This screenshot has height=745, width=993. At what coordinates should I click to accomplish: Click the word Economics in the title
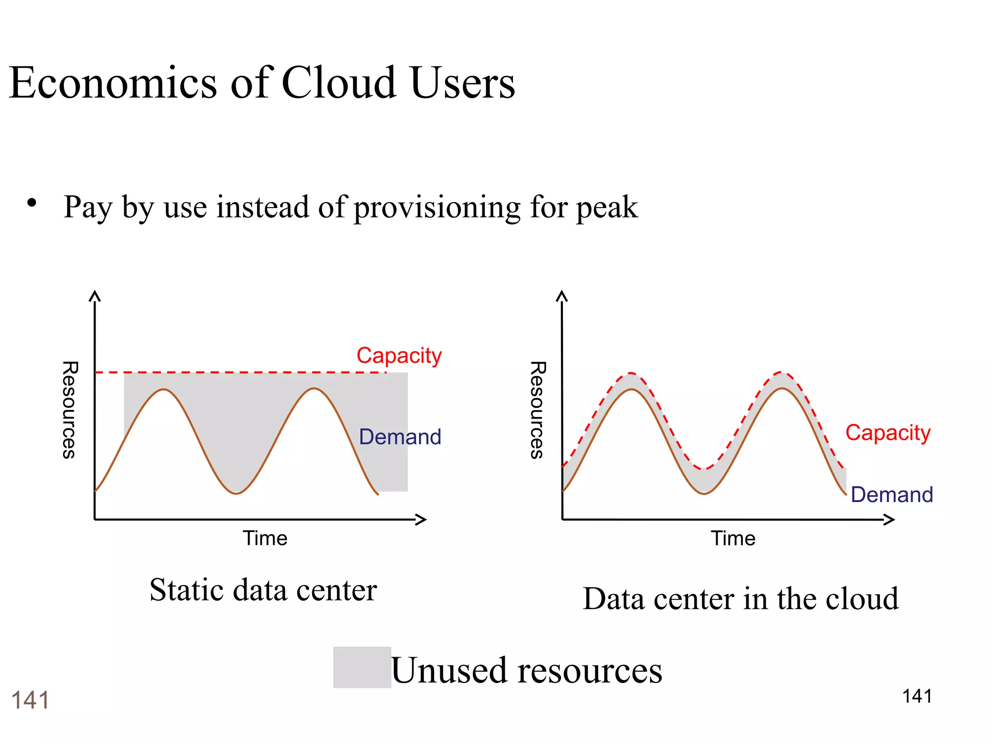112,83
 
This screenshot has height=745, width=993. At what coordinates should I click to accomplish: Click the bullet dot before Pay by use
32,203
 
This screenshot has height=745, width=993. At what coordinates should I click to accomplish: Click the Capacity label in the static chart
399,356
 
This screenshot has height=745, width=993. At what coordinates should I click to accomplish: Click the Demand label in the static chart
400,437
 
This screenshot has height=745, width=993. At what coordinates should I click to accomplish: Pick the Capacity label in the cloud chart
887,433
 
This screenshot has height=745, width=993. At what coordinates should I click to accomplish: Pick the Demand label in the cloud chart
891,495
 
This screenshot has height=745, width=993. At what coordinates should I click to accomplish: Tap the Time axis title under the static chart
265,538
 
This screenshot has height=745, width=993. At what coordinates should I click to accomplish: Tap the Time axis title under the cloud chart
733,538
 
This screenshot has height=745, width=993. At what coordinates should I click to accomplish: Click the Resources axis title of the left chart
70,410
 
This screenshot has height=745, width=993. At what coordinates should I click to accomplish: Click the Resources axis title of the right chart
537,410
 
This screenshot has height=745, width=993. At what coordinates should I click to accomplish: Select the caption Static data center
263,590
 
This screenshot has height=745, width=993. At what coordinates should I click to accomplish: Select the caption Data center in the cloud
740,599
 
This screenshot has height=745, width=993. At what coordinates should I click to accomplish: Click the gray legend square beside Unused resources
362,667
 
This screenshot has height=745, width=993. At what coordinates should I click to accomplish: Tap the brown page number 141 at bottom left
30,700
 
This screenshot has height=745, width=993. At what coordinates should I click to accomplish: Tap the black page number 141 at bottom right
916,696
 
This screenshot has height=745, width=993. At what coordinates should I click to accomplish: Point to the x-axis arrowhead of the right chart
890,520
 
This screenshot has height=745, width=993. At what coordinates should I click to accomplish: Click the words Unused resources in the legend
526,671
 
